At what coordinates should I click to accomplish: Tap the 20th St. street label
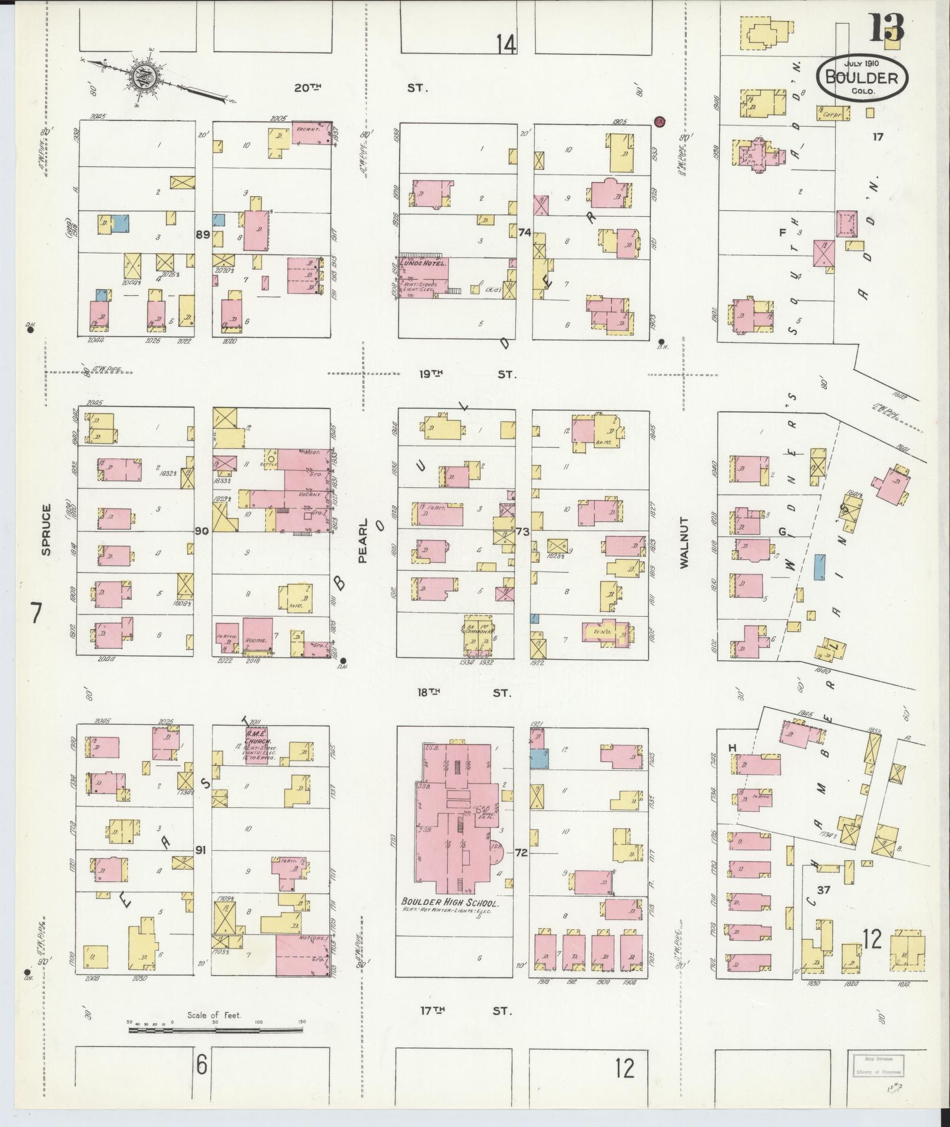[x=359, y=88]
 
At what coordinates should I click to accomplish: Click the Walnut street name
[x=684, y=542]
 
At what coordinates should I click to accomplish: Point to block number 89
[x=203, y=234]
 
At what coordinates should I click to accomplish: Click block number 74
[x=525, y=233]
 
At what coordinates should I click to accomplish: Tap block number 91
[x=202, y=850]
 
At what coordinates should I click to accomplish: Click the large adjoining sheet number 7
[x=37, y=614]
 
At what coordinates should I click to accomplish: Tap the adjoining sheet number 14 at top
[x=506, y=44]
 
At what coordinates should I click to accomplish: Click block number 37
[x=823, y=890]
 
